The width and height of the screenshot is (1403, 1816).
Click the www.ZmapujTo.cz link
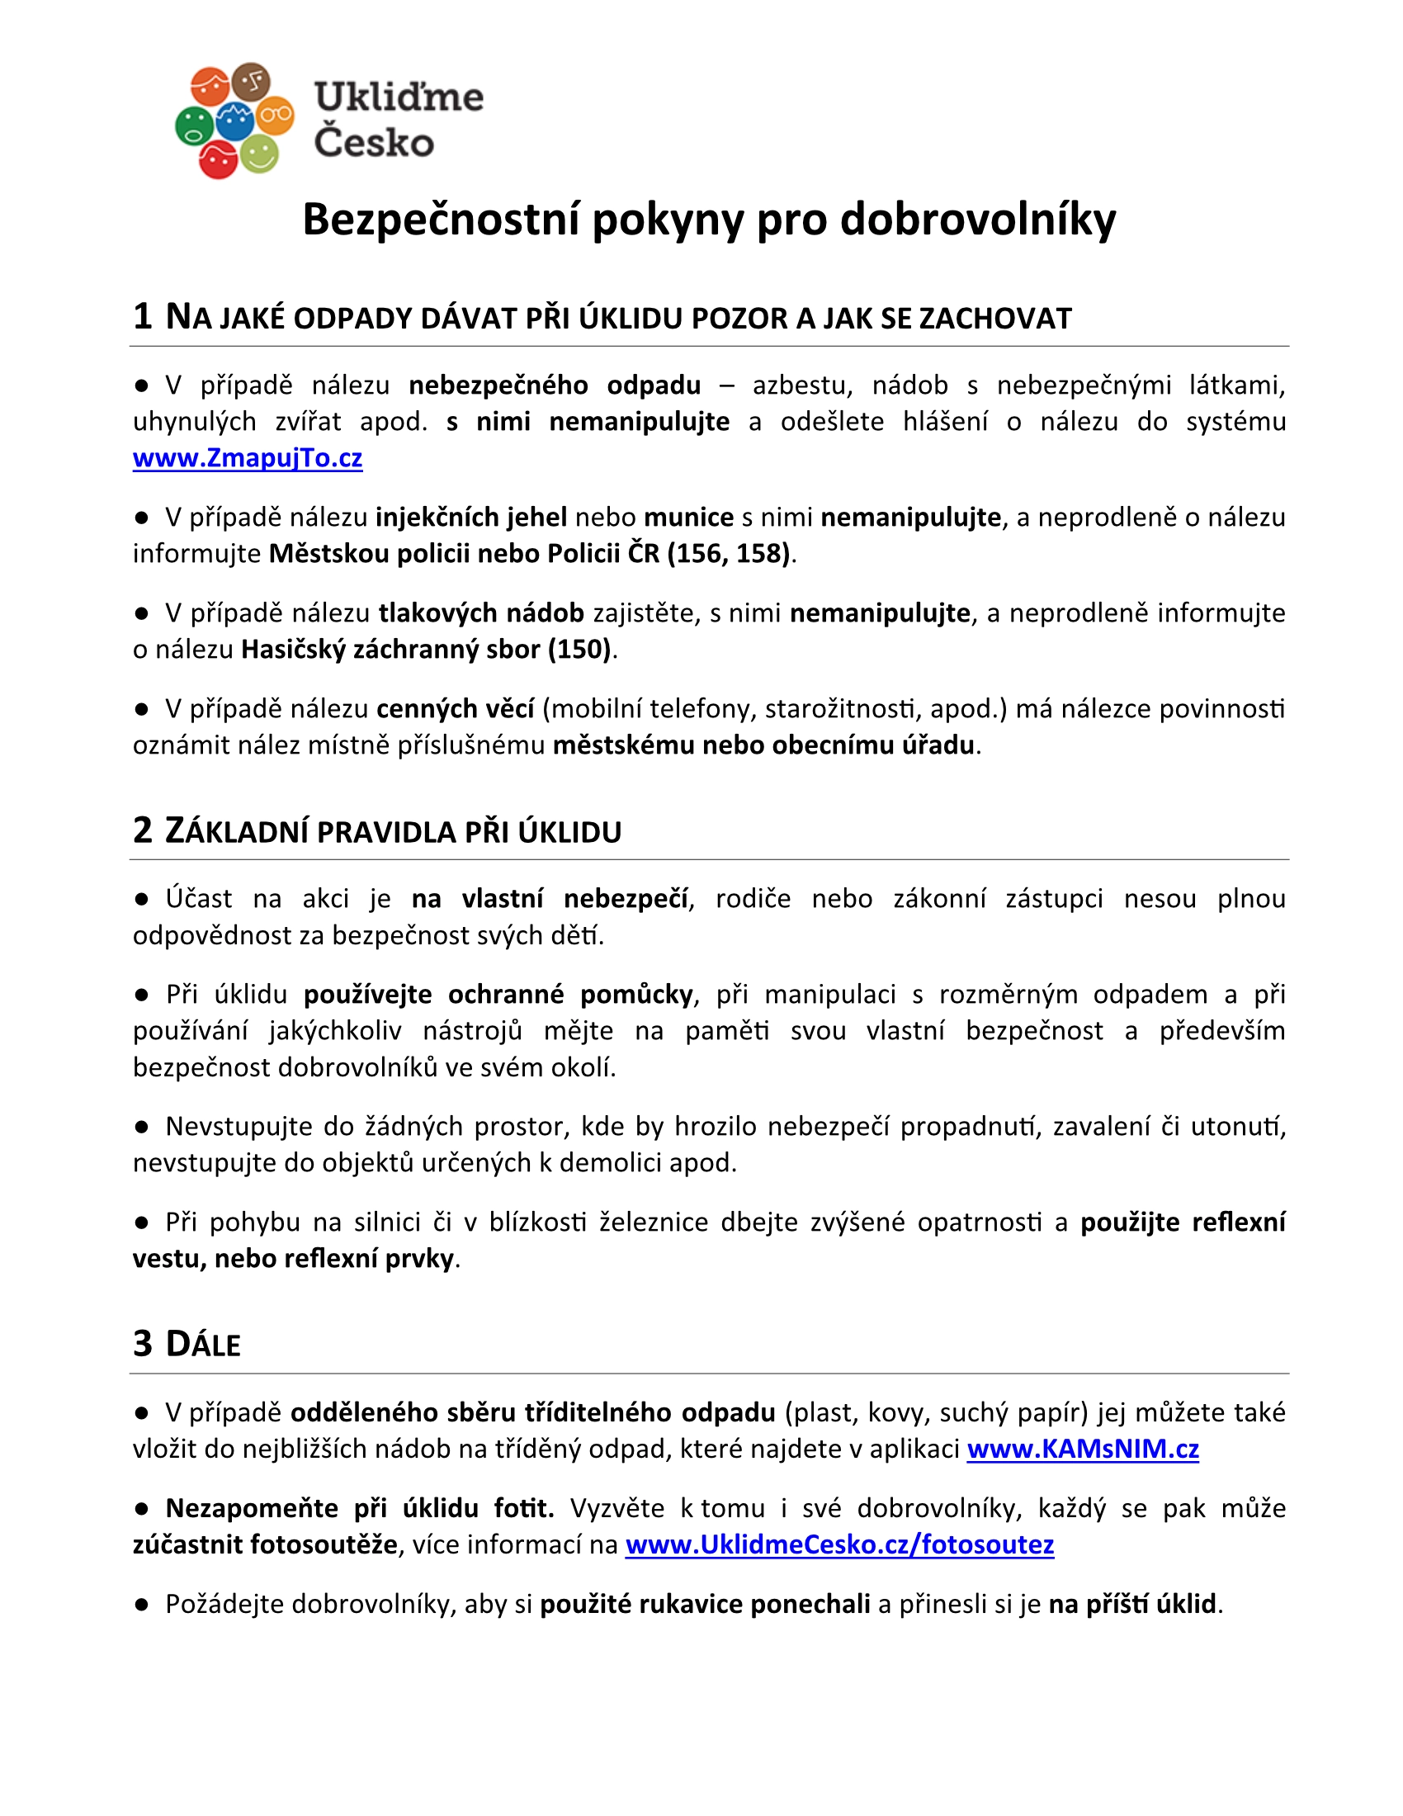[248, 458]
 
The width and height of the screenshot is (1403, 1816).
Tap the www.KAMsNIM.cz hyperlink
[1082, 1449]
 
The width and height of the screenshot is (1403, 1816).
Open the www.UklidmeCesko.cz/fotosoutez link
[839, 1544]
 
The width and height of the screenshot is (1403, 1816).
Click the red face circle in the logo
[218, 158]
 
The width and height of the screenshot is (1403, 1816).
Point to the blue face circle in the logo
[235, 121]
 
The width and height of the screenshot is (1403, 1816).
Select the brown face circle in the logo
[251, 82]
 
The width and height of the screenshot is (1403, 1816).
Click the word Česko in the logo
[374, 142]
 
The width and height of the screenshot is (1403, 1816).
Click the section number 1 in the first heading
[143, 317]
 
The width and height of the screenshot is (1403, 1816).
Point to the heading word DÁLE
[203, 1345]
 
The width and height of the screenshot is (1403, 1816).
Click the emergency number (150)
[579, 649]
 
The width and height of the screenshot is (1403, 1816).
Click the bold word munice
[688, 518]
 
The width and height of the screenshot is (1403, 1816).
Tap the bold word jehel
[536, 518]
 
